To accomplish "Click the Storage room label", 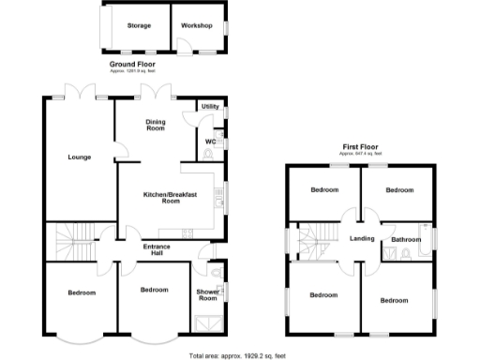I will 139,26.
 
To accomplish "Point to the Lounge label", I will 79,157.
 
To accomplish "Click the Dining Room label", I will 156,126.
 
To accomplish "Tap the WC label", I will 210,142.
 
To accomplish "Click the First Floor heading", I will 361,147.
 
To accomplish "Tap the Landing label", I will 363,239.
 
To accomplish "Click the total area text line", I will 237,355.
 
